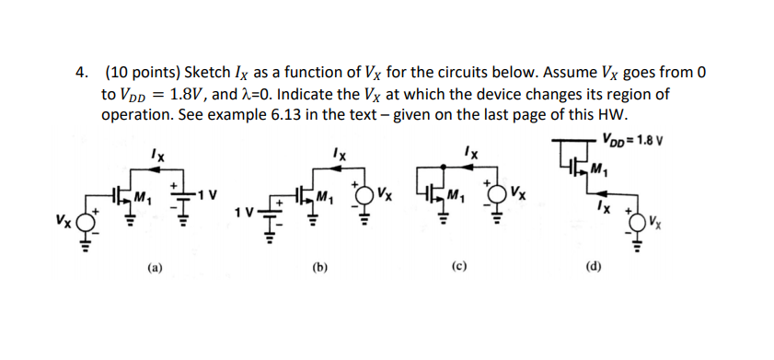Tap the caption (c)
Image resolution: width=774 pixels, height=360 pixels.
[x=457, y=269]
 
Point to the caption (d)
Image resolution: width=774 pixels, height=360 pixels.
[x=594, y=269]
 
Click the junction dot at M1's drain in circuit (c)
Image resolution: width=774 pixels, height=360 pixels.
[x=445, y=168]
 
